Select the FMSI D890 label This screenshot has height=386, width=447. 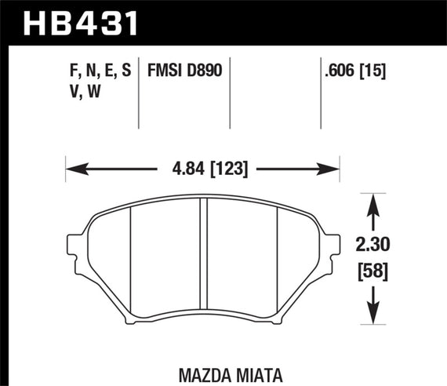[184, 71]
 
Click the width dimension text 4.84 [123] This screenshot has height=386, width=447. [202, 167]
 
